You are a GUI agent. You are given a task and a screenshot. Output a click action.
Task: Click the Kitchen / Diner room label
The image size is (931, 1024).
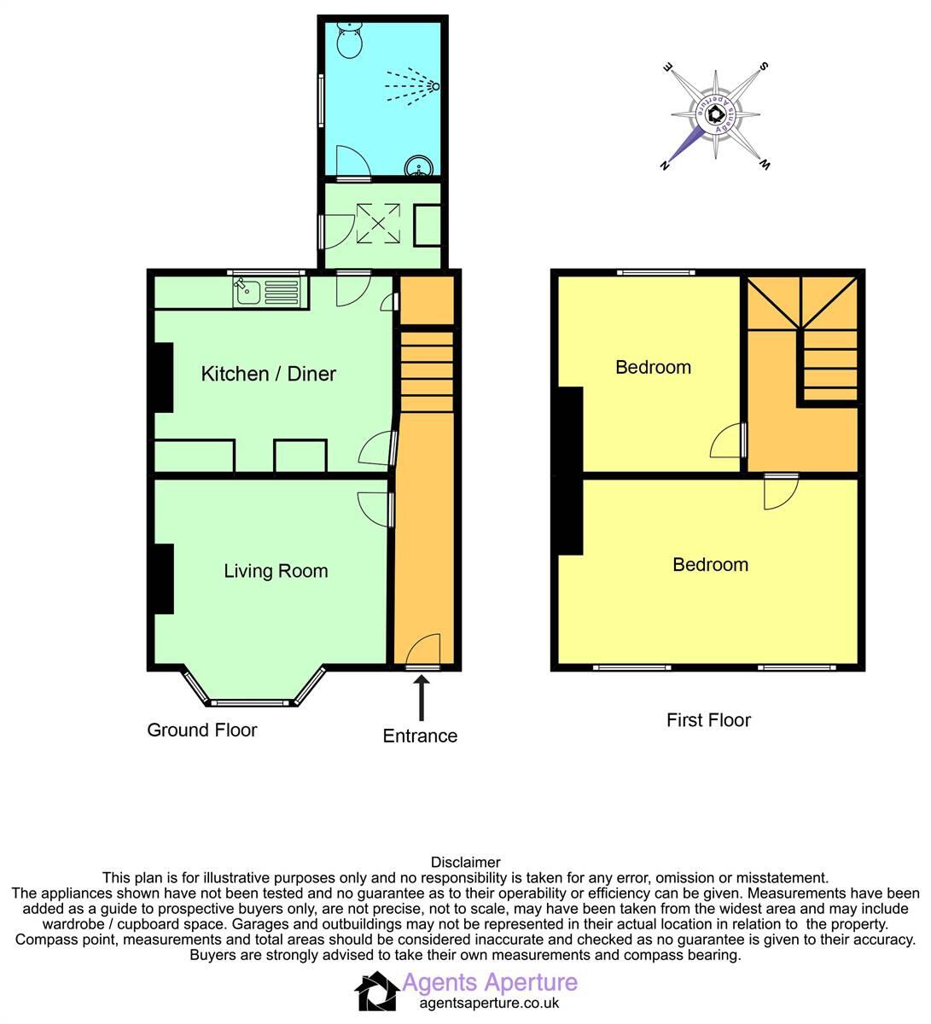click(x=268, y=374)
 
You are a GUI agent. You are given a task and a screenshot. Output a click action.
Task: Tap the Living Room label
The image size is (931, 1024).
click(x=276, y=571)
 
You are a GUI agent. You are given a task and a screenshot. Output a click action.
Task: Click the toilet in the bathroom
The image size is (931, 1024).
click(x=349, y=39)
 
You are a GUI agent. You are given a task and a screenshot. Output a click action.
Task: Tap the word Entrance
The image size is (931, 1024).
click(x=420, y=736)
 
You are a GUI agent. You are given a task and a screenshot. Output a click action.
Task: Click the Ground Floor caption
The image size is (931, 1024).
click(x=202, y=730)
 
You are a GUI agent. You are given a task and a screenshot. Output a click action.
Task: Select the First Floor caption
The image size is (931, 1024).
click(x=708, y=720)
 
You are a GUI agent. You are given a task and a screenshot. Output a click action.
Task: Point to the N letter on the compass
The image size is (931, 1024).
click(x=665, y=166)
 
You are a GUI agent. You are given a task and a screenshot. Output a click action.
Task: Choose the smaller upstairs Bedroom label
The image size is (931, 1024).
click(x=653, y=368)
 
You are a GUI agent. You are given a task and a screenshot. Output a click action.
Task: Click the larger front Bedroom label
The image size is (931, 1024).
click(x=710, y=565)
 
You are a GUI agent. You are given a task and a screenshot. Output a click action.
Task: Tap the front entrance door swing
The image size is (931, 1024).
click(x=424, y=651)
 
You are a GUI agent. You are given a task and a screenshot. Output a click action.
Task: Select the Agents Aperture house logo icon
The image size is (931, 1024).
click(x=376, y=992)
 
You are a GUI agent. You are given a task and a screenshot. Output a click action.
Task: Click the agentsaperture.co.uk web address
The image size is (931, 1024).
click(x=489, y=1004)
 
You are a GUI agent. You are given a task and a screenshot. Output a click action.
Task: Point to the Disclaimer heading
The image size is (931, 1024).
click(x=465, y=863)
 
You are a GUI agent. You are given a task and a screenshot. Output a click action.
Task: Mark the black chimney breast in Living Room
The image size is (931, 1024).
click(x=164, y=579)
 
